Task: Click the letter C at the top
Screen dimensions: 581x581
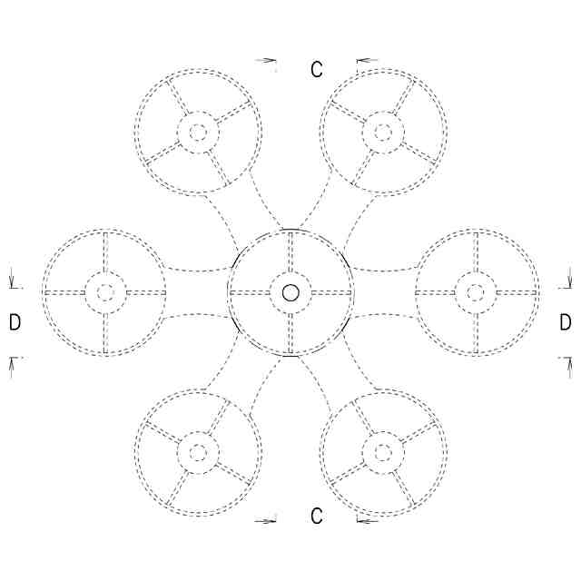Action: coord(316,70)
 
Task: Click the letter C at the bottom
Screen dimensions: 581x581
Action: coord(316,517)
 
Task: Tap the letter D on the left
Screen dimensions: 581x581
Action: coord(15,322)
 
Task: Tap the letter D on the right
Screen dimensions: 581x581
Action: coord(566,322)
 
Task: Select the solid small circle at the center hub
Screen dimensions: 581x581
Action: coord(290,292)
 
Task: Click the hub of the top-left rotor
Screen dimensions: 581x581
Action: coord(198,133)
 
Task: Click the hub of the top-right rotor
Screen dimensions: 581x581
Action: coord(383,133)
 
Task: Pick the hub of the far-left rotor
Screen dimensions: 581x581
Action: coord(105,292)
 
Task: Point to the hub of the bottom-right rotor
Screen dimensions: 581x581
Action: coord(383,451)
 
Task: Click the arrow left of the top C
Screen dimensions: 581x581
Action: coord(267,61)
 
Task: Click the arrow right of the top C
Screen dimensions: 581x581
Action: coord(366,61)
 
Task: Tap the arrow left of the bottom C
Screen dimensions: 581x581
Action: coord(267,521)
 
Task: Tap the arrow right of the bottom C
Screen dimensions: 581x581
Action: coord(366,521)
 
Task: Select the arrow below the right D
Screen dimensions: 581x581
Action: coord(569,363)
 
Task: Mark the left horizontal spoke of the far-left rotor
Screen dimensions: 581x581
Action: coord(64,292)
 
